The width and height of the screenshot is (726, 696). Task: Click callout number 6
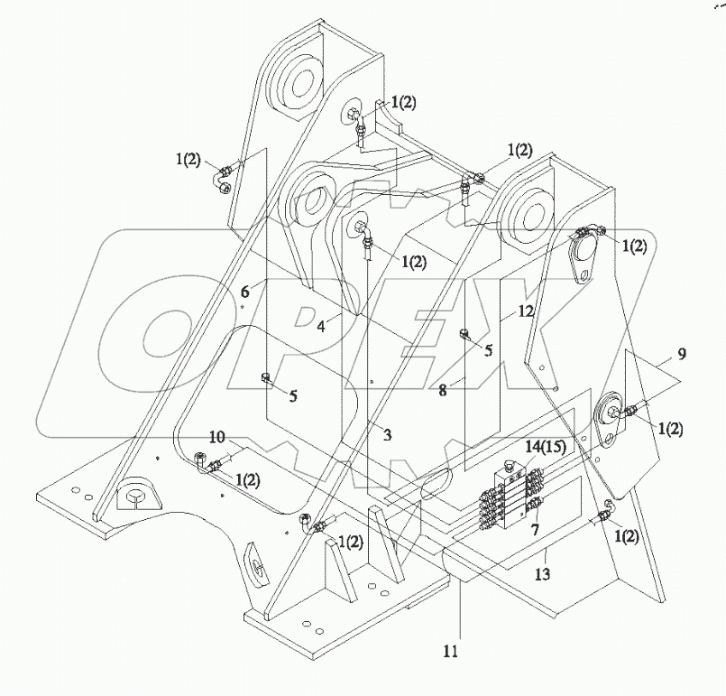pos(244,292)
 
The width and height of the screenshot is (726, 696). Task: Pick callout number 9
pos(682,354)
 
